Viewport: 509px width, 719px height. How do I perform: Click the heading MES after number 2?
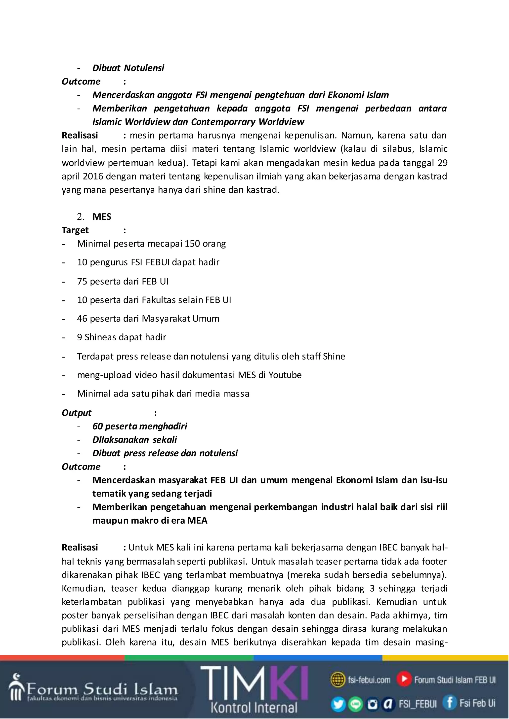coord(102,217)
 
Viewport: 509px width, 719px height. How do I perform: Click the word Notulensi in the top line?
coord(144,68)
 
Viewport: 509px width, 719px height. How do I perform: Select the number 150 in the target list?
coord(191,244)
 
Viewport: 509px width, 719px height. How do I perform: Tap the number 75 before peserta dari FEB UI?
coord(82,281)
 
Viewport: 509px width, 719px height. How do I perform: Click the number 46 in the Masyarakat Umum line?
coord(82,319)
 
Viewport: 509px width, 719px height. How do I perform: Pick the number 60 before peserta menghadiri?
coord(97,426)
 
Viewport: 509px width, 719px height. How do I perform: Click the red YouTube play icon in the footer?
coord(404,679)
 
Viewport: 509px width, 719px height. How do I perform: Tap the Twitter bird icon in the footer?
coord(338,704)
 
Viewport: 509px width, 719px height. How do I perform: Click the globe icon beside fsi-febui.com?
coord(338,680)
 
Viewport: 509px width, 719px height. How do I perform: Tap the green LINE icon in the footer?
coord(355,704)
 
